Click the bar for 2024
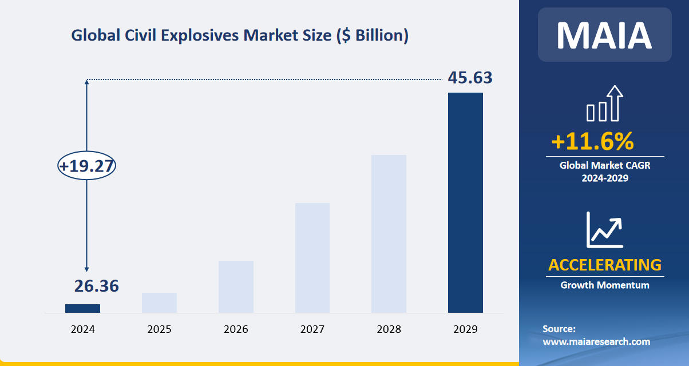(x=82, y=308)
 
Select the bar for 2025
(x=159, y=303)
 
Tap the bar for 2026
(x=236, y=287)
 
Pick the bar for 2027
(x=312, y=258)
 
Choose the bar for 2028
(x=389, y=234)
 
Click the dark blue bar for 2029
(x=465, y=202)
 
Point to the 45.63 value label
(x=470, y=78)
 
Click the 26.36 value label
(x=96, y=285)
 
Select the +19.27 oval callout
(x=87, y=166)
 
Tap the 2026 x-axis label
(x=236, y=329)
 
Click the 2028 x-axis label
(x=389, y=329)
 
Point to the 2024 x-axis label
(x=82, y=329)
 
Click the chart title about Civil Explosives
(x=240, y=35)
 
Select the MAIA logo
(x=604, y=34)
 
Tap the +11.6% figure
(x=592, y=141)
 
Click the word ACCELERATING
(x=605, y=265)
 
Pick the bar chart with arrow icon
(x=604, y=104)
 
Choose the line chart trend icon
(x=604, y=229)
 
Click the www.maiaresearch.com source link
(x=596, y=341)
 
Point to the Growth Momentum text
(x=605, y=285)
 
